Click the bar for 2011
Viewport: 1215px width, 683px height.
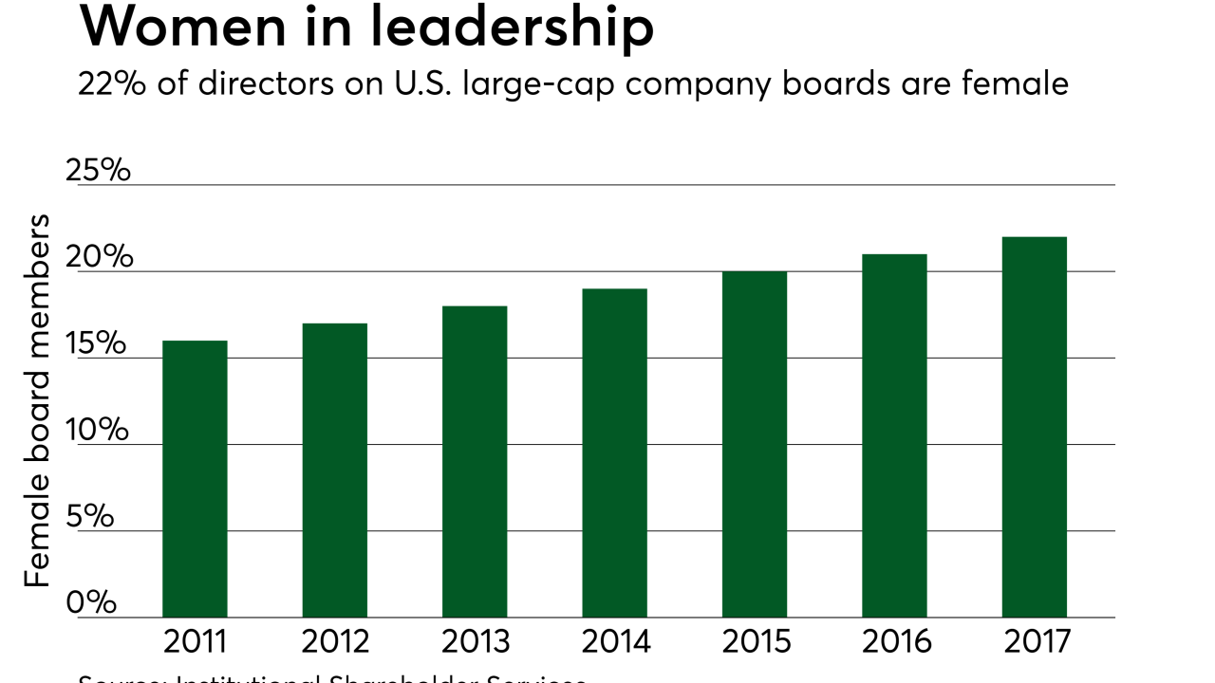click(195, 479)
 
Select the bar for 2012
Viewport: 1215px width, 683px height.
click(335, 471)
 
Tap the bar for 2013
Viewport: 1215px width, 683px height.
click(475, 462)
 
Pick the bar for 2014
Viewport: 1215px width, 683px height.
click(615, 453)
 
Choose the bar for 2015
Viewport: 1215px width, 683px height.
click(755, 445)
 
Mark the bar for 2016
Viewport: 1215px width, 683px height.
click(894, 436)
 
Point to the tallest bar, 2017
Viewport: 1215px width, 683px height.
click(1035, 427)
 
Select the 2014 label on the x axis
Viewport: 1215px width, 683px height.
click(615, 642)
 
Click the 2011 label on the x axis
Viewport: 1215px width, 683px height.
click(195, 642)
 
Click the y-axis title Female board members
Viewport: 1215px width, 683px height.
click(37, 400)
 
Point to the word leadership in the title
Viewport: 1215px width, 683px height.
click(517, 28)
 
